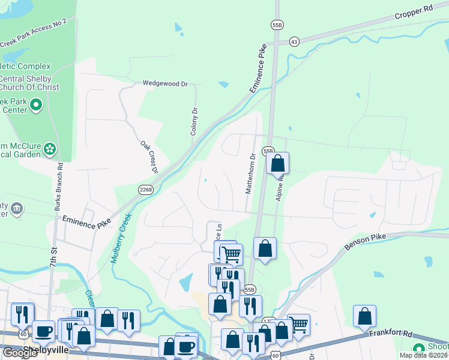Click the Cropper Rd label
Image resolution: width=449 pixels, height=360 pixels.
pos(414,13)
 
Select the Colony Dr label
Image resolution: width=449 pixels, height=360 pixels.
pos(194,121)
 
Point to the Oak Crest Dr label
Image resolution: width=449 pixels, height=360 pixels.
pos(149,157)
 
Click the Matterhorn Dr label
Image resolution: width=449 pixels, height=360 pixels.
pos(252,174)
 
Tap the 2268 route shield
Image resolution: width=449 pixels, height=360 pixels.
pos(146,190)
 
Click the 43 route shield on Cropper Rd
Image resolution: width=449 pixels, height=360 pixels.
pos(294,41)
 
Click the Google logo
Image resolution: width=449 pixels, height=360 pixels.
pos(19,353)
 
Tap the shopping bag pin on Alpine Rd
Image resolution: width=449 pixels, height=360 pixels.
pos(278,164)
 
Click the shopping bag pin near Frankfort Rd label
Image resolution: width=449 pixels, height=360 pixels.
pos(364,316)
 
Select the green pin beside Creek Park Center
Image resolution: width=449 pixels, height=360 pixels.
pos(36,106)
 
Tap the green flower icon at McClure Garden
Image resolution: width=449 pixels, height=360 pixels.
pos(50,148)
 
